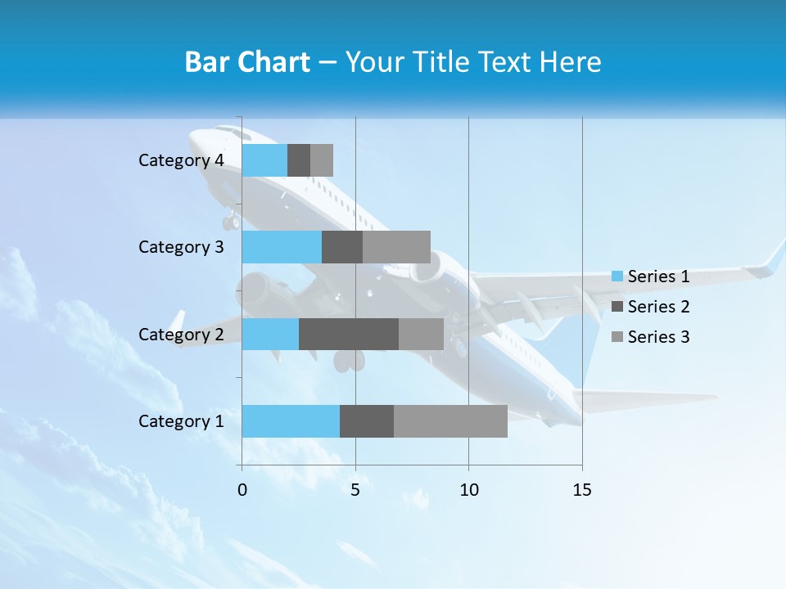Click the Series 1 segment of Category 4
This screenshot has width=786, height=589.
[x=264, y=160]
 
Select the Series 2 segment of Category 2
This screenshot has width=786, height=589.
[x=349, y=334]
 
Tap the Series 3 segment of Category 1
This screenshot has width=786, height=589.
[x=450, y=421]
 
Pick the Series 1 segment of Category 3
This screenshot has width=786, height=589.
[x=282, y=247]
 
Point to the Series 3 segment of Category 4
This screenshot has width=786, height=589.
[x=322, y=160]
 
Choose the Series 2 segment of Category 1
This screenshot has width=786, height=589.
[x=367, y=421]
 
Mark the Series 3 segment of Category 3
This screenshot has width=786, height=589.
[x=396, y=247]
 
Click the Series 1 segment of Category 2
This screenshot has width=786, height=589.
[x=270, y=334]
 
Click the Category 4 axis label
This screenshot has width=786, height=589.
[x=181, y=160]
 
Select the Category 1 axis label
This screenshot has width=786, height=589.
[x=181, y=421]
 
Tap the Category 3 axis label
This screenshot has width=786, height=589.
[x=181, y=247]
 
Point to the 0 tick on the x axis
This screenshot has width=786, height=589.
[x=242, y=490]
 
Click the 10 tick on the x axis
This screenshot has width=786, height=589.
[x=468, y=490]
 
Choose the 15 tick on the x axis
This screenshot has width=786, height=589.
[x=582, y=490]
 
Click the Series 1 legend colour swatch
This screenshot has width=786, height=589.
[x=617, y=277]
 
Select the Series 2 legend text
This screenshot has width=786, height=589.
[x=658, y=307]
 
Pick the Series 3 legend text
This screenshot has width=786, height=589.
[x=658, y=337]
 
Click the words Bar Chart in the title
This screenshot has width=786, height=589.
[x=247, y=62]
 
